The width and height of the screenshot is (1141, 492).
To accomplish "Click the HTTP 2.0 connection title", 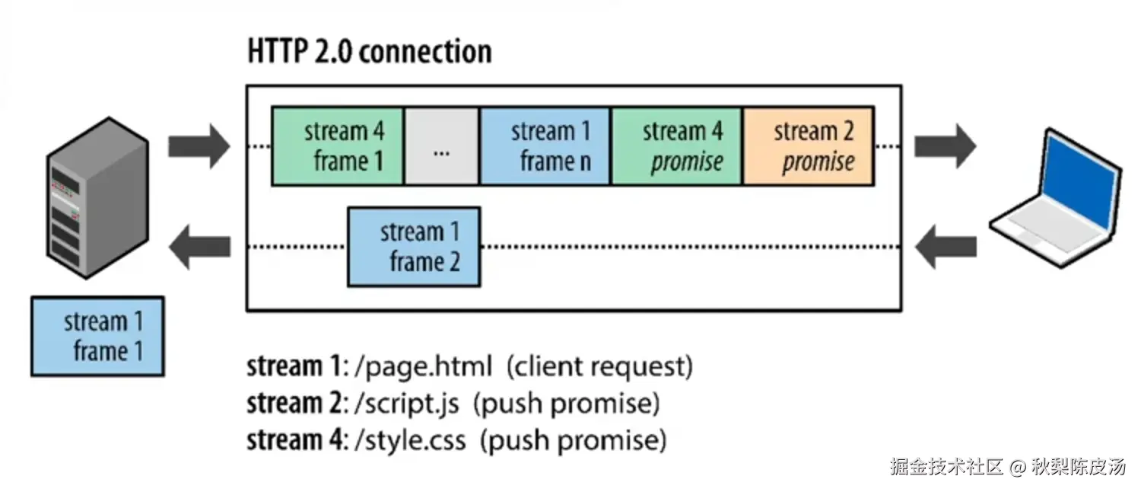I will pyautogui.click(x=370, y=52).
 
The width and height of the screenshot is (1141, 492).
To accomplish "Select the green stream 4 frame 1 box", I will pyautogui.click(x=338, y=146).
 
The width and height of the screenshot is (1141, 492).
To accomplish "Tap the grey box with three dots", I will pyautogui.click(x=441, y=146).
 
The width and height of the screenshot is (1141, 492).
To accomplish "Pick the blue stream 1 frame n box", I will pyautogui.click(x=545, y=146).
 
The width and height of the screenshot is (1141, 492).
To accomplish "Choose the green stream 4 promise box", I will pyautogui.click(x=676, y=146).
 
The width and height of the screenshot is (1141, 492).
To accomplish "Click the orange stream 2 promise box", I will pyautogui.click(x=809, y=146).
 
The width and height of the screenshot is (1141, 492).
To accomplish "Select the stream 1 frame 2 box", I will pyautogui.click(x=414, y=247).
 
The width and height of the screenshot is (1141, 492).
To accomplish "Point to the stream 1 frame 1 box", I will pyautogui.click(x=97, y=336).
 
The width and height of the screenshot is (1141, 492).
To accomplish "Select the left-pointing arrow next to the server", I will pyautogui.click(x=199, y=247).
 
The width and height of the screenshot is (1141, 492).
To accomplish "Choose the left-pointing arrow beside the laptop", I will pyautogui.click(x=945, y=247).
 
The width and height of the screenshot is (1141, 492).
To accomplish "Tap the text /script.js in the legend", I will pyautogui.click(x=407, y=404).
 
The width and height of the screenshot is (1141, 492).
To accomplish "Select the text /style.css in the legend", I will pyautogui.click(x=410, y=440).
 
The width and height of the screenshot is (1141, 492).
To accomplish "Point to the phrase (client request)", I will pyautogui.click(x=599, y=367).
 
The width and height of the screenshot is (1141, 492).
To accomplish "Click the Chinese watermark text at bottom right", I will pyautogui.click(x=1007, y=466).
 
